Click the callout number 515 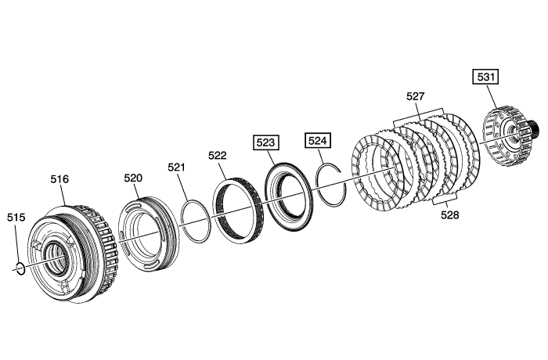coord(16,218)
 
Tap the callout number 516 coord(59,179)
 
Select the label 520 coord(133,178)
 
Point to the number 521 coord(176,167)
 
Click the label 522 coord(218,155)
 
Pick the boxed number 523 coord(266,142)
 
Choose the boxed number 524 coord(318,141)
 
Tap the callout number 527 coord(415,96)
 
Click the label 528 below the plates coord(450,215)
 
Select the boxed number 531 coord(485,77)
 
